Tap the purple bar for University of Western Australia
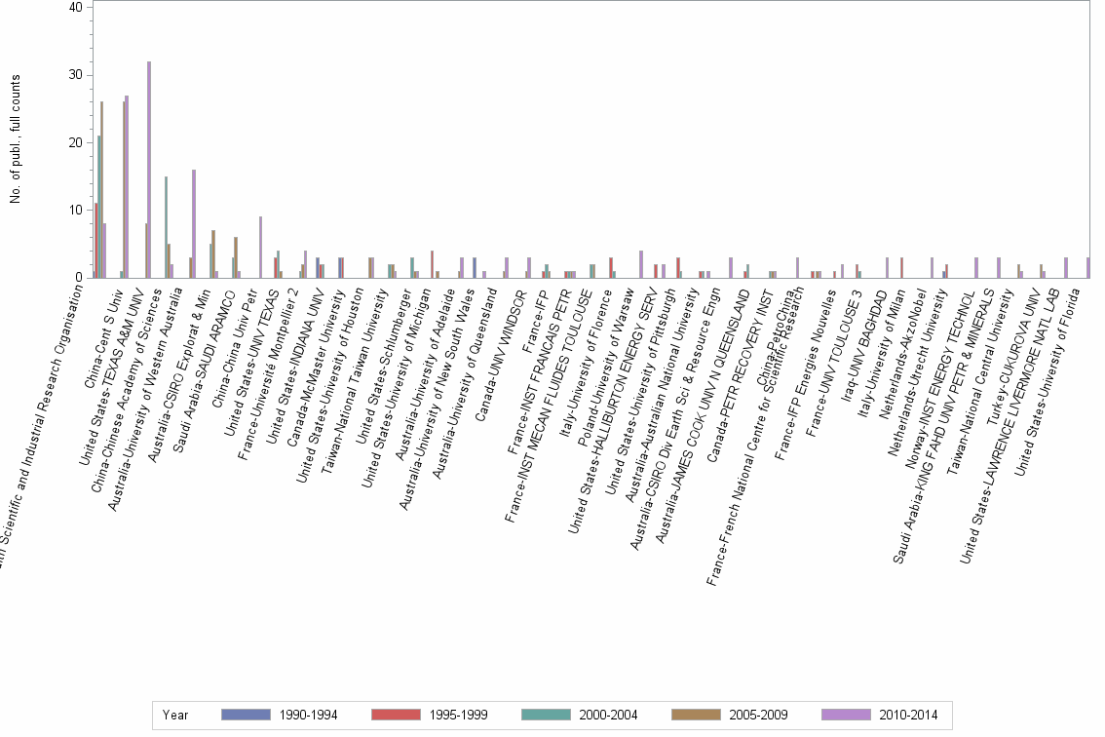194,223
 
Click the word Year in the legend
175,715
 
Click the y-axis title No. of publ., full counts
16,141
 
